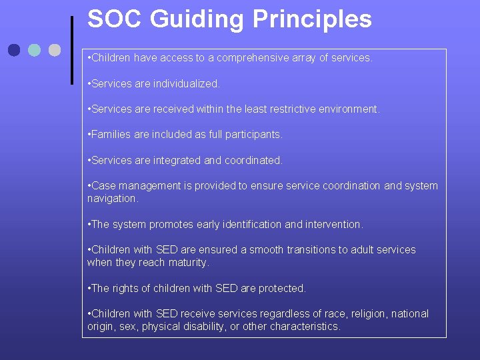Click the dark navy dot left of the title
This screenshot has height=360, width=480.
coord(15,50)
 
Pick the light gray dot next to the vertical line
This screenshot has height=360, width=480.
coord(55,50)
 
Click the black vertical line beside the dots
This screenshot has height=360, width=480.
coord(71,50)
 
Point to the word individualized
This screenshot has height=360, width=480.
coord(187,84)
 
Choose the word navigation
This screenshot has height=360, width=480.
coord(113,199)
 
